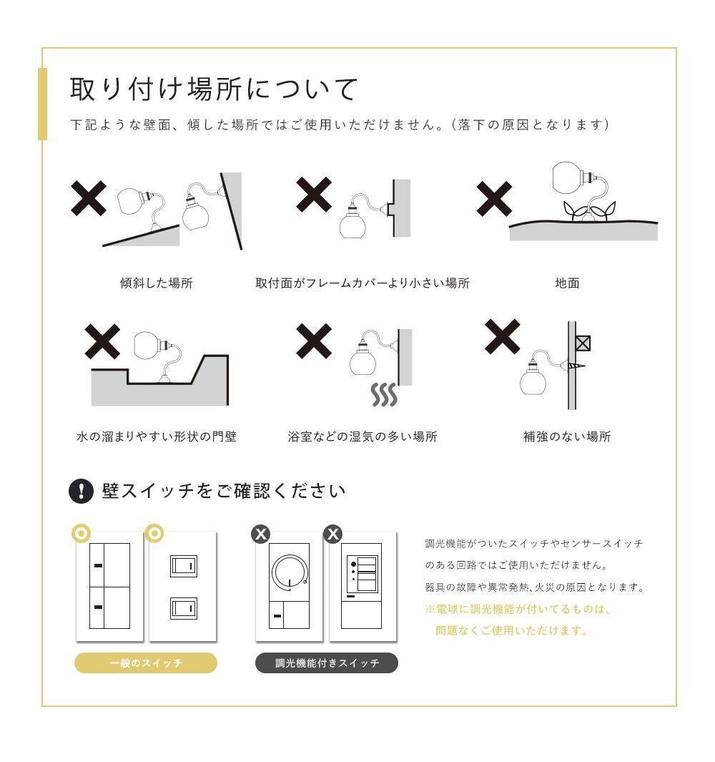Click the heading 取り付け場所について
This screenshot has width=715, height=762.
(214, 89)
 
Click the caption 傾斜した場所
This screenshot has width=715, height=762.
(157, 283)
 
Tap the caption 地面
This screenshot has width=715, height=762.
(567, 283)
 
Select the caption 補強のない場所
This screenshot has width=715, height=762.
(567, 436)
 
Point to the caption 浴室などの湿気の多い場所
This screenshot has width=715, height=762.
(363, 436)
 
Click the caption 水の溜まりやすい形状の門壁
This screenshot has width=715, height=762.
(157, 436)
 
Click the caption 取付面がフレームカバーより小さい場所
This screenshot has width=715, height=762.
(363, 283)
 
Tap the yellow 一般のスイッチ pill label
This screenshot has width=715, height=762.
(146, 663)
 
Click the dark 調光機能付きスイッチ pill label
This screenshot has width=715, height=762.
(327, 663)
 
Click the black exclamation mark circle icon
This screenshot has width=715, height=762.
(81, 491)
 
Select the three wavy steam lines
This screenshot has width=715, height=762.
(384, 394)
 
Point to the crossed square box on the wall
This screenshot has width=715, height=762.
(583, 343)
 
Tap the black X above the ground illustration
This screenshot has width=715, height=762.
(494, 199)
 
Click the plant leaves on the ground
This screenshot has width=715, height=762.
(589, 211)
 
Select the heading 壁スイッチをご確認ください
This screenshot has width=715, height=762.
(223, 491)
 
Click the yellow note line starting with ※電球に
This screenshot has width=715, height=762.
(518, 609)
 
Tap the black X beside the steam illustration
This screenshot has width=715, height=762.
(314, 341)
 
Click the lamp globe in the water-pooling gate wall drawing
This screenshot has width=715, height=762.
(147, 345)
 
